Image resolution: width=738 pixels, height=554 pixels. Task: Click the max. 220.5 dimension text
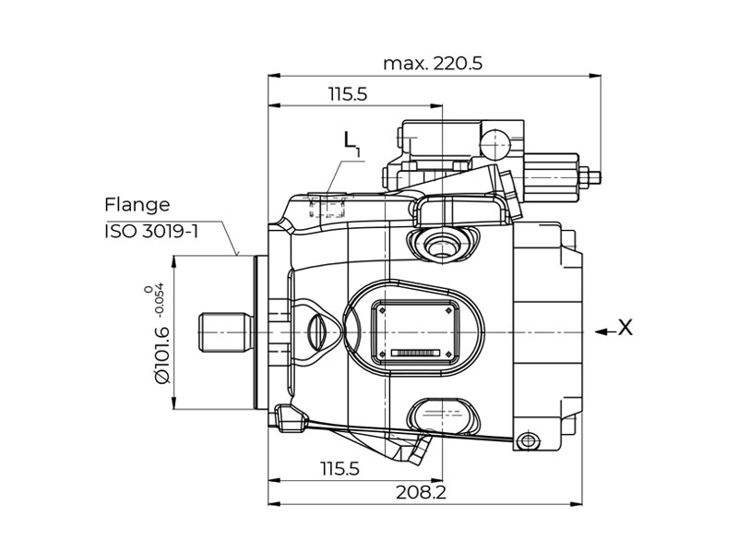point(433,63)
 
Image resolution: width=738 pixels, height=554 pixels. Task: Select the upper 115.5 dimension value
point(348,94)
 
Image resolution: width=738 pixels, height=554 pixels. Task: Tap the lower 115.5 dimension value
point(339,469)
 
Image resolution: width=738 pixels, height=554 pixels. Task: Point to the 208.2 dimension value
point(421,492)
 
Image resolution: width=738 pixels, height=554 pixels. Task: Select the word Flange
point(137,205)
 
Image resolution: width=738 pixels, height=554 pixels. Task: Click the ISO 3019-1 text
point(151,232)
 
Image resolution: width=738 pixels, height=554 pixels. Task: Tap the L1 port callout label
point(351,144)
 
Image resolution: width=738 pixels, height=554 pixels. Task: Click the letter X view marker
point(625,328)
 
